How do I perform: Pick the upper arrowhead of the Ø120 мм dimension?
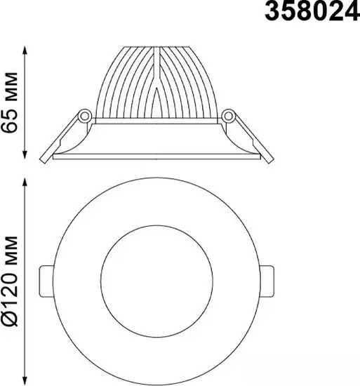[26, 181]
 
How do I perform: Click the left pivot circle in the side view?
[84, 115]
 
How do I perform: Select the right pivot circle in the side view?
[228, 115]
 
